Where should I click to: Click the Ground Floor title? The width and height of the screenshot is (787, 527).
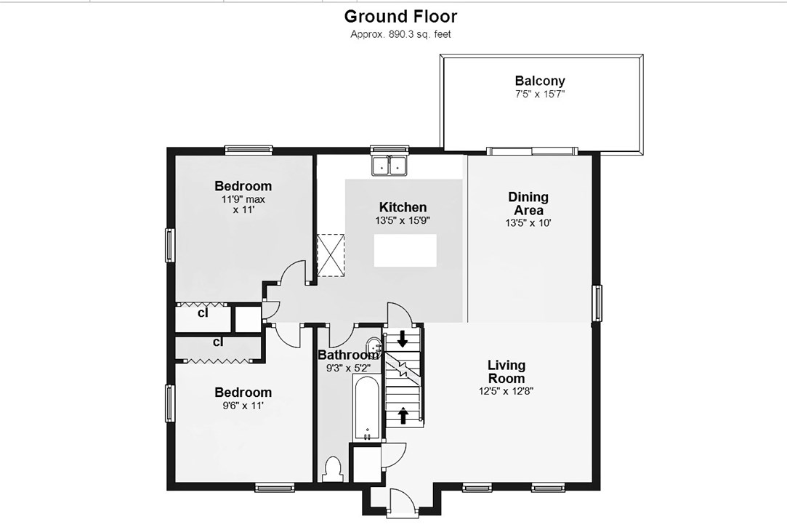pos(400,17)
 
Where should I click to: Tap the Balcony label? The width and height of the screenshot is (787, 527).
pos(539,80)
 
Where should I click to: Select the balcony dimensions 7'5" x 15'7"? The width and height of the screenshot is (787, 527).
pos(539,94)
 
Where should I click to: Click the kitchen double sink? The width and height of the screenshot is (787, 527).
pos(390,165)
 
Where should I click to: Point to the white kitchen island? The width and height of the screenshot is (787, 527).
pos(405,250)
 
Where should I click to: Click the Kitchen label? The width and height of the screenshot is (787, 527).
pos(403,206)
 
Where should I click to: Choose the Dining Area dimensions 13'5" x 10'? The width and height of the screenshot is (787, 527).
pos(528,223)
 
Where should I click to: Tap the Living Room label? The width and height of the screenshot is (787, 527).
pos(506,371)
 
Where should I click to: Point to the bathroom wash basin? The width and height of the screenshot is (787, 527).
pos(373,346)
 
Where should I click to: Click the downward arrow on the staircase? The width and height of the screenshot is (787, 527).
pos(403,339)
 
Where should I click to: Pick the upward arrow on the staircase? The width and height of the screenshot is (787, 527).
pos(403,414)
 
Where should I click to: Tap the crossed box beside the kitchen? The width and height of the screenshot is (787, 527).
pos(331,255)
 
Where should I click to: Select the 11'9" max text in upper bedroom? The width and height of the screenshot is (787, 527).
pos(243,199)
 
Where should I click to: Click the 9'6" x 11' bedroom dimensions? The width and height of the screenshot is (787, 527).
pos(243,406)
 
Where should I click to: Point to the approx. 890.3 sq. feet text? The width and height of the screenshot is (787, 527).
pos(400,34)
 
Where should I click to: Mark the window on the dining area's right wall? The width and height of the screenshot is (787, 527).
pos(597,302)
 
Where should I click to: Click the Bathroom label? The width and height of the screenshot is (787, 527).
pos(348,355)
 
